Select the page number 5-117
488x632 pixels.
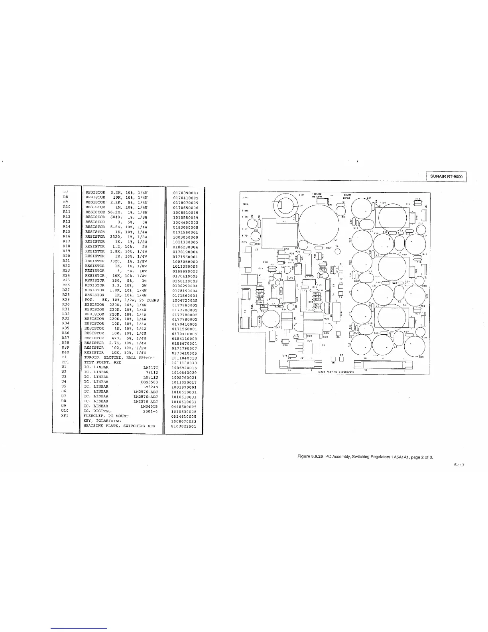(x=459, y=464)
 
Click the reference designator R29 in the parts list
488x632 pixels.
(x=66, y=300)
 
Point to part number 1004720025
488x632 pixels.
(x=184, y=300)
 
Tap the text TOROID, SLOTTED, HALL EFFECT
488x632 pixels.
(x=118, y=358)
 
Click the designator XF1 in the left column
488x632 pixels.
(x=66, y=416)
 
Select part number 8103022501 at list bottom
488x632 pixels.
(x=184, y=426)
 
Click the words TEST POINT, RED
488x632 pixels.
(x=102, y=363)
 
